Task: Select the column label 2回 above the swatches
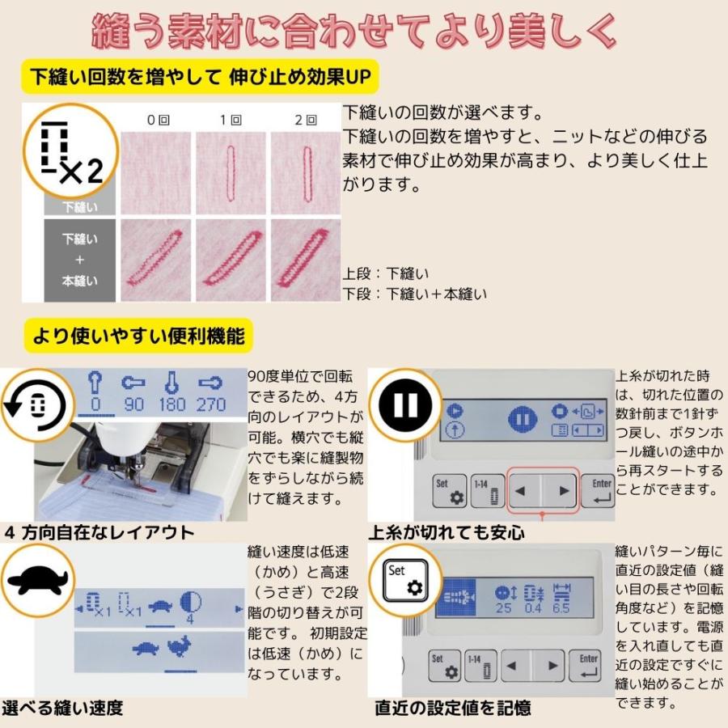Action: (x=305, y=120)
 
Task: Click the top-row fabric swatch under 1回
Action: (x=231, y=172)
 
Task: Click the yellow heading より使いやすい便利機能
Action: (x=138, y=335)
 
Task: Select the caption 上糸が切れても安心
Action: (x=447, y=532)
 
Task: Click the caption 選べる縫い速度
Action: (x=63, y=709)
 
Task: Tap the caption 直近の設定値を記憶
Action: (x=453, y=709)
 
